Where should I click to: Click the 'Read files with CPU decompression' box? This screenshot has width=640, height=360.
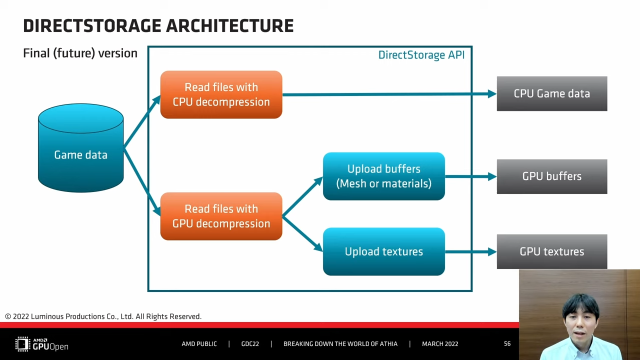click(221, 94)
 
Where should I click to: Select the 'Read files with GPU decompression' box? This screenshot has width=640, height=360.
click(221, 216)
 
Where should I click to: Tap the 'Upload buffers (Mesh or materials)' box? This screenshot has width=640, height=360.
click(383, 176)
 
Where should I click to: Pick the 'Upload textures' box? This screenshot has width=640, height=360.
click(383, 251)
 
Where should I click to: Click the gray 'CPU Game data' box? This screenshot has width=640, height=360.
click(552, 93)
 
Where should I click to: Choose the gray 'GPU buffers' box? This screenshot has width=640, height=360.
click(552, 176)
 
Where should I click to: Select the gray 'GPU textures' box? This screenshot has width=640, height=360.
click(552, 251)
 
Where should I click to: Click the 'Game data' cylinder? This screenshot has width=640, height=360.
click(81, 148)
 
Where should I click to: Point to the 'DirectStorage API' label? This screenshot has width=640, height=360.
click(421, 55)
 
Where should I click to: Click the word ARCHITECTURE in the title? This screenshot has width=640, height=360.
click(229, 25)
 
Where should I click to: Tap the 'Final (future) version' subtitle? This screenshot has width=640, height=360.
click(80, 53)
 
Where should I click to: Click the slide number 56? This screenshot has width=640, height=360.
click(507, 343)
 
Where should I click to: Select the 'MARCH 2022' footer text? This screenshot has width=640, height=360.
click(440, 343)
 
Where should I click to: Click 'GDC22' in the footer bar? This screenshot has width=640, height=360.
click(250, 343)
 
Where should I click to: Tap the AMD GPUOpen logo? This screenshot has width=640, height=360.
click(41, 344)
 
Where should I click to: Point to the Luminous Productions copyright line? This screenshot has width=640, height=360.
click(103, 316)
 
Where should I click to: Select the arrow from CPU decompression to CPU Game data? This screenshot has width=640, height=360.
click(389, 94)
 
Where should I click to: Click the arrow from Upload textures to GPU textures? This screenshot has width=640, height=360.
click(471, 251)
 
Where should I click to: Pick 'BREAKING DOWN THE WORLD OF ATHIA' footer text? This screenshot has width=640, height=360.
click(340, 343)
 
